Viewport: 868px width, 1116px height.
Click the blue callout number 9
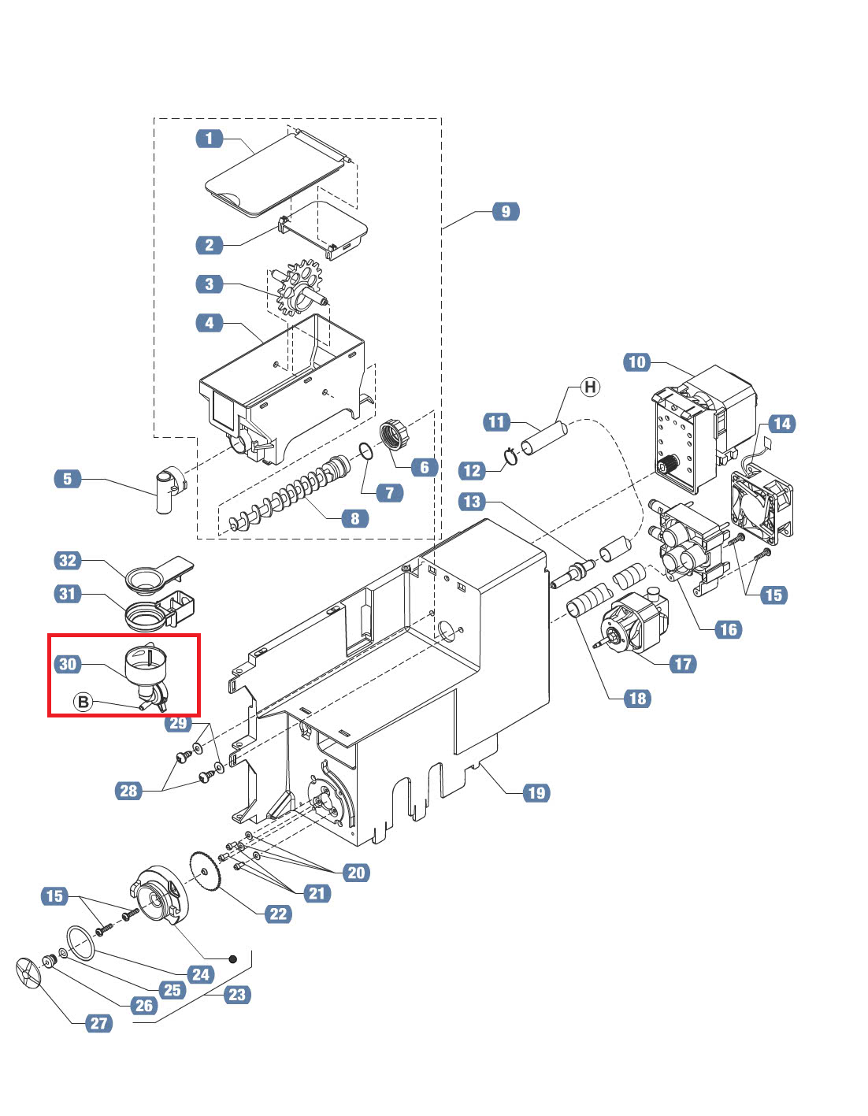pyautogui.click(x=506, y=211)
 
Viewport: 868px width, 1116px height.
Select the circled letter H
pyautogui.click(x=590, y=387)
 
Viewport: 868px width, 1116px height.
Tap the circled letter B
pyautogui.click(x=83, y=702)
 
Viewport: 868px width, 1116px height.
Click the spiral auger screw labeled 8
pyautogui.click(x=290, y=495)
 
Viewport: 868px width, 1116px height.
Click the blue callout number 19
pyautogui.click(x=536, y=793)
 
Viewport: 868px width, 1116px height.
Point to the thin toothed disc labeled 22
pyautogui.click(x=206, y=873)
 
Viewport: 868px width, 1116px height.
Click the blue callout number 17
pyautogui.click(x=683, y=664)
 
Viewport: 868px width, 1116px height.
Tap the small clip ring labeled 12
pyautogui.click(x=510, y=455)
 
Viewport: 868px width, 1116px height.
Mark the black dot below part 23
pyautogui.click(x=232, y=958)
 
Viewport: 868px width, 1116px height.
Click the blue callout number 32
pyautogui.click(x=67, y=560)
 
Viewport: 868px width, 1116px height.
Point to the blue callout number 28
pyautogui.click(x=128, y=791)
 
